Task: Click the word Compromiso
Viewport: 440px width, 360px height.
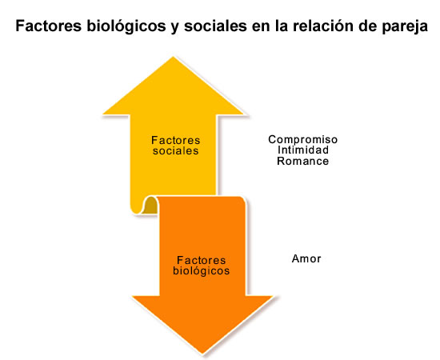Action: [302, 140]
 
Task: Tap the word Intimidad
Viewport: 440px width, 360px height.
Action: [303, 150]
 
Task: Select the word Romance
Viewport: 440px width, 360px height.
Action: [302, 161]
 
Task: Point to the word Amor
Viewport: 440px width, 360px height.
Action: [306, 258]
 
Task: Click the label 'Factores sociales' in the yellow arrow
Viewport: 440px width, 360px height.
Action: [176, 146]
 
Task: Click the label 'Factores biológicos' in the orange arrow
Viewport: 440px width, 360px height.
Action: [201, 266]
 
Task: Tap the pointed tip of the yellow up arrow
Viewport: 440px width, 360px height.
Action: [173, 58]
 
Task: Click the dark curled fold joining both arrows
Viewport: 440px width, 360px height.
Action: [150, 206]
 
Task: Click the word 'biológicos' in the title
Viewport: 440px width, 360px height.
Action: [126, 26]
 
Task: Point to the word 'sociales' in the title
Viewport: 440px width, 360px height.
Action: [215, 26]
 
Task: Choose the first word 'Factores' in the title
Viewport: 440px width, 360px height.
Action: [49, 26]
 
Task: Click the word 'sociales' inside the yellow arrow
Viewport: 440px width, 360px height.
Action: [176, 151]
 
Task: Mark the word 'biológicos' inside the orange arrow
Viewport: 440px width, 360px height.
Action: [201, 271]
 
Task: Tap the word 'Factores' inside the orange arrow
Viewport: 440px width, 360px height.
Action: [201, 260]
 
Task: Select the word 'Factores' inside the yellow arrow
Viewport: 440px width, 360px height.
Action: [176, 140]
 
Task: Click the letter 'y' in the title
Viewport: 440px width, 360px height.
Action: [175, 27]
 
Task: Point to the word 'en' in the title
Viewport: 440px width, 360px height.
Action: [261, 27]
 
